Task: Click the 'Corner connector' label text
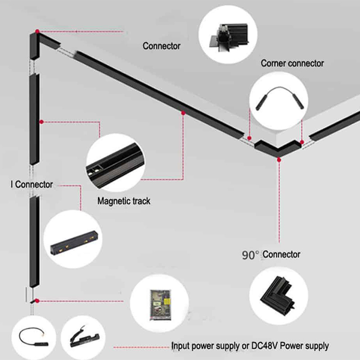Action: (292, 63)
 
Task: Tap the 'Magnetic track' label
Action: (124, 201)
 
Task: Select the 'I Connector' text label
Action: (31, 184)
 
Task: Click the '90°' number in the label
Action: (250, 255)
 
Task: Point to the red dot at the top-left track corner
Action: (37, 31)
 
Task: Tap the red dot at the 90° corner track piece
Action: (279, 158)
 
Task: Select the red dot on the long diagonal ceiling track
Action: (183, 113)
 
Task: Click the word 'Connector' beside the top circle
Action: (162, 46)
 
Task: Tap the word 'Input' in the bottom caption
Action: (181, 346)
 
